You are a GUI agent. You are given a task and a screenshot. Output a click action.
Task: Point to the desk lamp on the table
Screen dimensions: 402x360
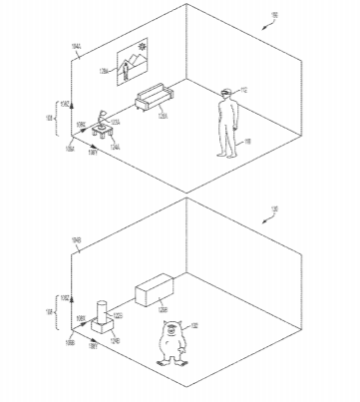[x=103, y=113]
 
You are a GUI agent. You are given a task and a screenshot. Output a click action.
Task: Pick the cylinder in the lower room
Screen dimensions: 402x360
[x=102, y=305]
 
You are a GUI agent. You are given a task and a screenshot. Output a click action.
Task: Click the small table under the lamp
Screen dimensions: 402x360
[x=102, y=128]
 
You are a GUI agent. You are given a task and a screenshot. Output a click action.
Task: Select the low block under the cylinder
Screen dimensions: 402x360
[x=102, y=324]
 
